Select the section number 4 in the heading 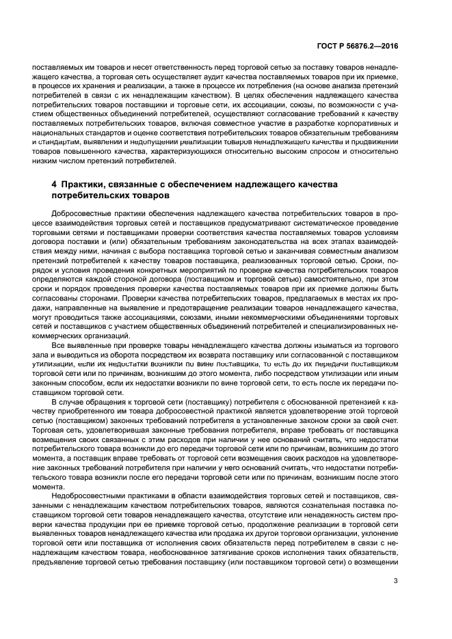click(x=54, y=185)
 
